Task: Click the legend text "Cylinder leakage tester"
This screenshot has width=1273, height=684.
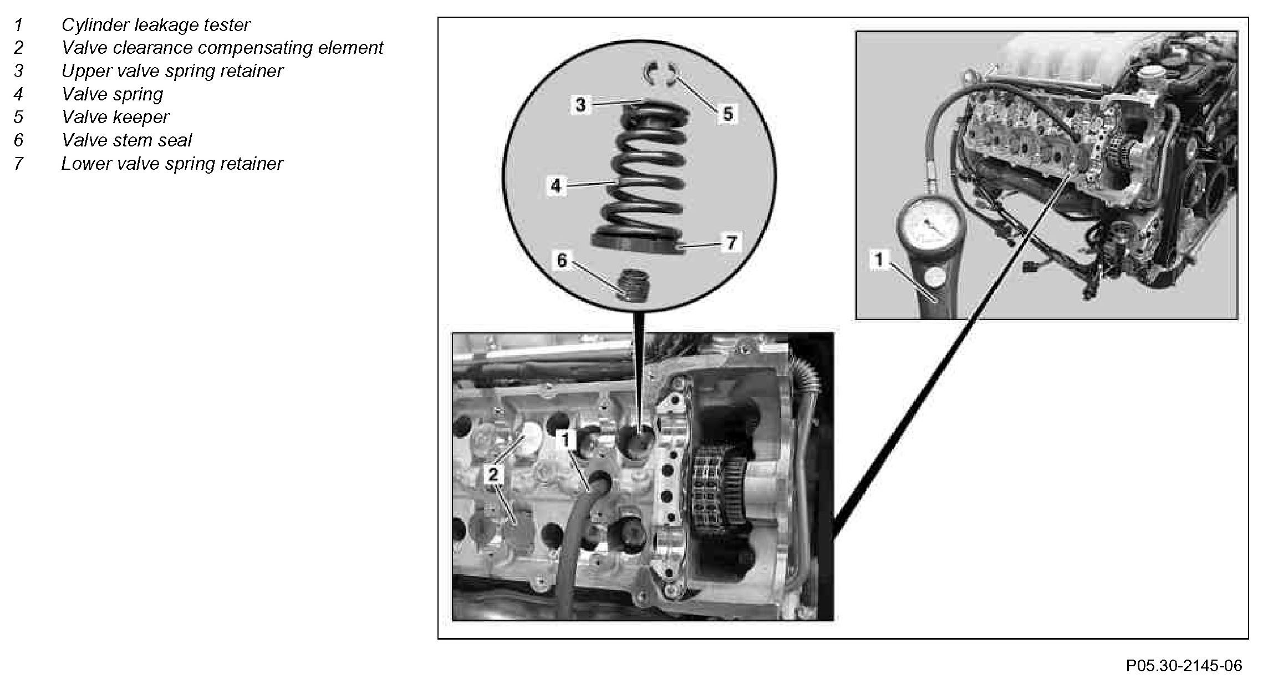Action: (155, 25)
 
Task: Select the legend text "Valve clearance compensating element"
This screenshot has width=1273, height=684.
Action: (222, 48)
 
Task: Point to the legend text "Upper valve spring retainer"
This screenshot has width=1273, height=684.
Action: (172, 71)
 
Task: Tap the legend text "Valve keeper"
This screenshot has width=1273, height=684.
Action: (115, 117)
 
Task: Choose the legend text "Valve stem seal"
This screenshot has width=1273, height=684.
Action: (126, 140)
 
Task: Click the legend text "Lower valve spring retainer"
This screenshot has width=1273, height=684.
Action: (172, 164)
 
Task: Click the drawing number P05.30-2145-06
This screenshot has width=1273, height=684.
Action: (1184, 666)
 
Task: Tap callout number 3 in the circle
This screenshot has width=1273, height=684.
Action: (581, 104)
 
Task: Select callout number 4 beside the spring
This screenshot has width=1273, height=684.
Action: (556, 185)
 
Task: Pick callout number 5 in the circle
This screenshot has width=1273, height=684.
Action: (727, 114)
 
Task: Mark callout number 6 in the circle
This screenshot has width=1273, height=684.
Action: (562, 260)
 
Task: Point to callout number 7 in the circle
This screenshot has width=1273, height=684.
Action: (731, 242)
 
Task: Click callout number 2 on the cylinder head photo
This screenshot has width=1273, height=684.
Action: (493, 474)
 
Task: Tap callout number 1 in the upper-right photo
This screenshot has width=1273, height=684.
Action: (879, 259)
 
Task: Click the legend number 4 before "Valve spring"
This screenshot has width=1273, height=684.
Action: (19, 94)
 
